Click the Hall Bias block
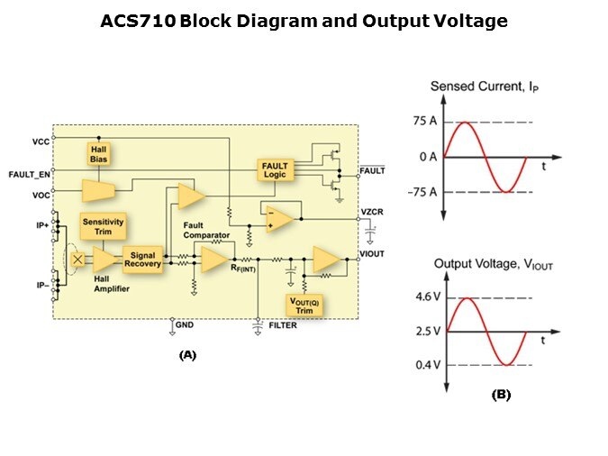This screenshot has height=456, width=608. [x=98, y=153]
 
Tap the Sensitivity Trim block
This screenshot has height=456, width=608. [x=103, y=226]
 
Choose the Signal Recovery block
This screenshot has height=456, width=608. [x=141, y=260]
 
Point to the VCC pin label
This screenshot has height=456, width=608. [x=41, y=141]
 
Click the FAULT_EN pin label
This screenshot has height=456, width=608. [x=31, y=173]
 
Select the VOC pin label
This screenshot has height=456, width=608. [x=41, y=194]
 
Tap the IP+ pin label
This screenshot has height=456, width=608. [x=41, y=225]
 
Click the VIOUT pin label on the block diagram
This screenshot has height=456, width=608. [x=373, y=254]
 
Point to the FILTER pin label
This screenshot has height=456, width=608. [x=283, y=325]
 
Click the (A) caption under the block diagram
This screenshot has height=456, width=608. [x=187, y=355]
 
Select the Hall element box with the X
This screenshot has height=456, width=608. [x=78, y=260]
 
